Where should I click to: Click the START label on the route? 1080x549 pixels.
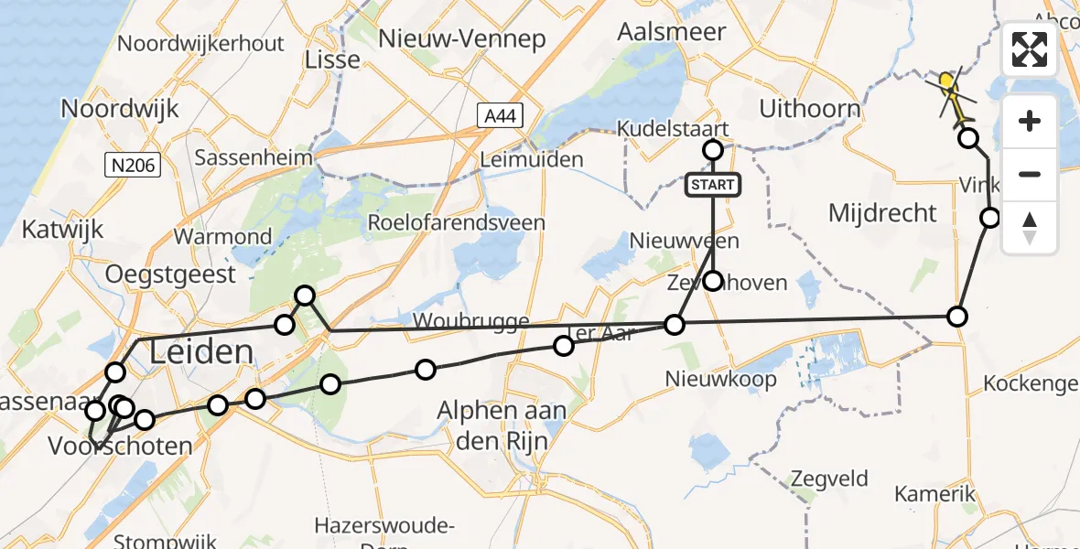[713, 186]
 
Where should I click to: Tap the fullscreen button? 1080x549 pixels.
[1030, 49]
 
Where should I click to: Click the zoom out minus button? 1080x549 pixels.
[1030, 174]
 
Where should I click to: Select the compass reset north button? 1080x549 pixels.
[1030, 228]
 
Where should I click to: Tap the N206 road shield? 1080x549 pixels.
[133, 165]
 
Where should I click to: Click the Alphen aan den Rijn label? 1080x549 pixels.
[502, 426]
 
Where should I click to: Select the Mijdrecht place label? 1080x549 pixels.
[882, 214]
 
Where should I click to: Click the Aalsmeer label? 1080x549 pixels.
[672, 32]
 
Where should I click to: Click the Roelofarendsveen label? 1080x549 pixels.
[456, 222]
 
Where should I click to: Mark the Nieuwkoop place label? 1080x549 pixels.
[721, 379]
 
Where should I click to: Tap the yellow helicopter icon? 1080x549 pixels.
[952, 91]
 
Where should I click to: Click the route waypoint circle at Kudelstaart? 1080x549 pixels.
[713, 150]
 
